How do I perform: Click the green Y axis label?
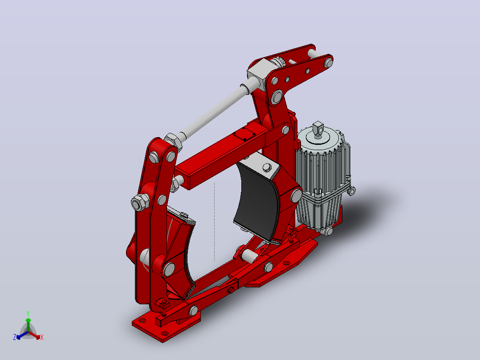(28, 313)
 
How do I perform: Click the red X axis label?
(42, 337)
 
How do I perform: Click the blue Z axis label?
(15, 337)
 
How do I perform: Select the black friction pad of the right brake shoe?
(256, 202)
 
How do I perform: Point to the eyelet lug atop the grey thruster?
(318, 128)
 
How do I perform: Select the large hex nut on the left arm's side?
(140, 203)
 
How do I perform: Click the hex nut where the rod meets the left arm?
(173, 142)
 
